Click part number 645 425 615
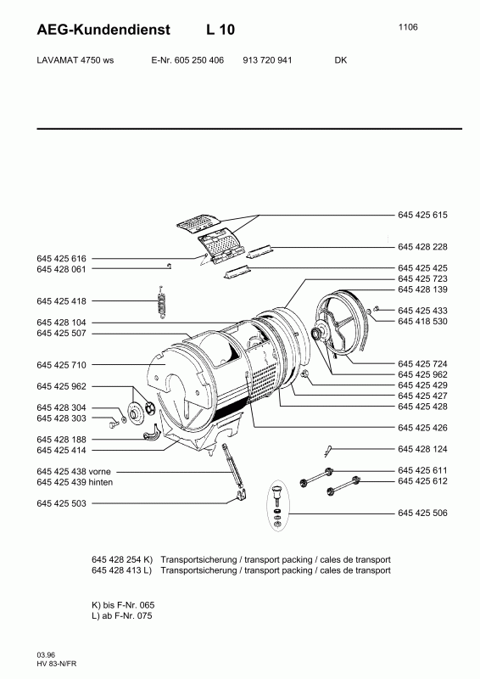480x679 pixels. (x=422, y=216)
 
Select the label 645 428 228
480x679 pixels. (x=422, y=247)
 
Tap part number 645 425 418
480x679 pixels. (x=61, y=301)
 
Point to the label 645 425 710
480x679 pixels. (x=61, y=365)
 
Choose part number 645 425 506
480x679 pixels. (x=422, y=513)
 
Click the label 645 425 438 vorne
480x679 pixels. (x=74, y=472)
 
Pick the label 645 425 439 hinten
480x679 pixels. (x=75, y=482)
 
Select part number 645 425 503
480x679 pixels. (x=61, y=503)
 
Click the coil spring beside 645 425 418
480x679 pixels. (x=161, y=302)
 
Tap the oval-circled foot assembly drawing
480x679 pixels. (x=277, y=505)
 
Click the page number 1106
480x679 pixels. (x=408, y=27)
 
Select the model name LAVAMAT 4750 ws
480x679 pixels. (x=75, y=60)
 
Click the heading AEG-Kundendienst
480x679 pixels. (x=103, y=30)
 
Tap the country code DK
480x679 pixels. (x=341, y=60)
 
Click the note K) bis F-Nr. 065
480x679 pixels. (x=123, y=605)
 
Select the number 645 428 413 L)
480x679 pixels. (x=121, y=570)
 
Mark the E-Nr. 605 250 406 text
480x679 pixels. (x=187, y=60)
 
